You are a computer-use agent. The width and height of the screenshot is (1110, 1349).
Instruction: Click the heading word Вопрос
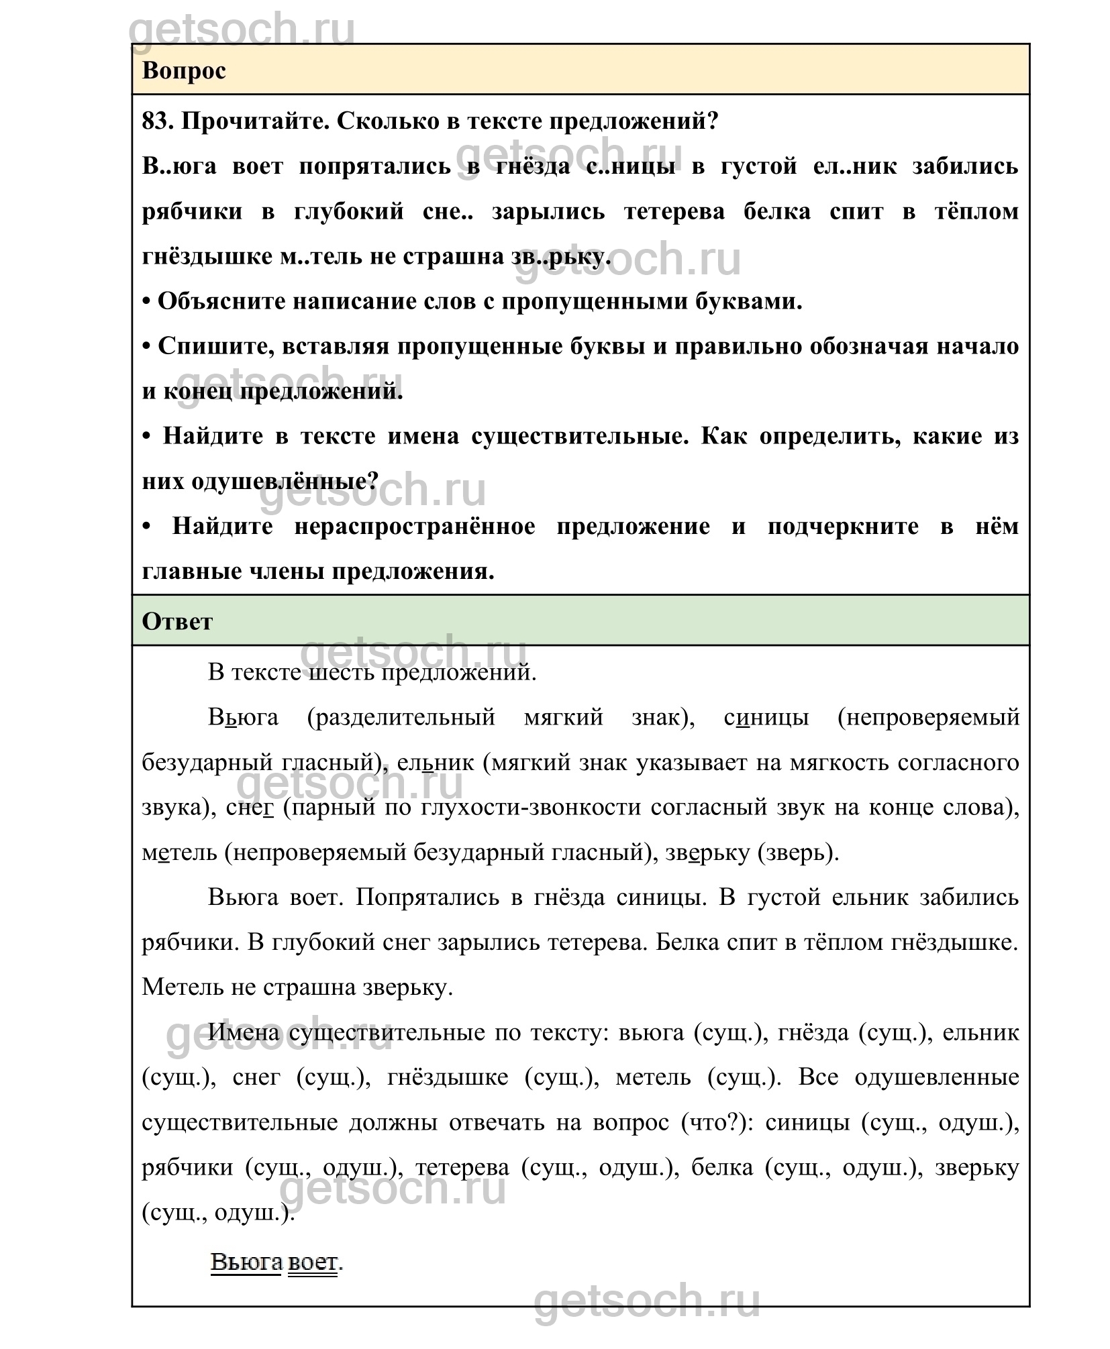tap(184, 70)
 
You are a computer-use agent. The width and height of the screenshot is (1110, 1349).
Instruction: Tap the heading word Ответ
tap(177, 621)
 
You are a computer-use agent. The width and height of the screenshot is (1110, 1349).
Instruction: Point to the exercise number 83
tap(158, 121)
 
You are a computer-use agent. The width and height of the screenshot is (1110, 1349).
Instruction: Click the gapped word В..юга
tap(179, 166)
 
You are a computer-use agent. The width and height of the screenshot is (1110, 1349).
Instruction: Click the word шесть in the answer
tap(341, 671)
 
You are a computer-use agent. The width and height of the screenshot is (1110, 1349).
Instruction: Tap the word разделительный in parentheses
tap(401, 717)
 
